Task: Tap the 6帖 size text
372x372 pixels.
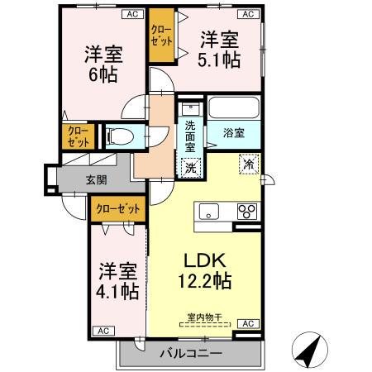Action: [103, 74]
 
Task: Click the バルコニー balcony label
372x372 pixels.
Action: [190, 353]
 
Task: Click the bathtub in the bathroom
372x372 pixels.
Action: [234, 108]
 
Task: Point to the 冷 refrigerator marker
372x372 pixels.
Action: [247, 164]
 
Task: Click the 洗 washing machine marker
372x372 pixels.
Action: [191, 165]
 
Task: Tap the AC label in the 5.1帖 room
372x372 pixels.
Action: [247, 14]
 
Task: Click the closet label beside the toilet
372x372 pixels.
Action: [75, 136]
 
